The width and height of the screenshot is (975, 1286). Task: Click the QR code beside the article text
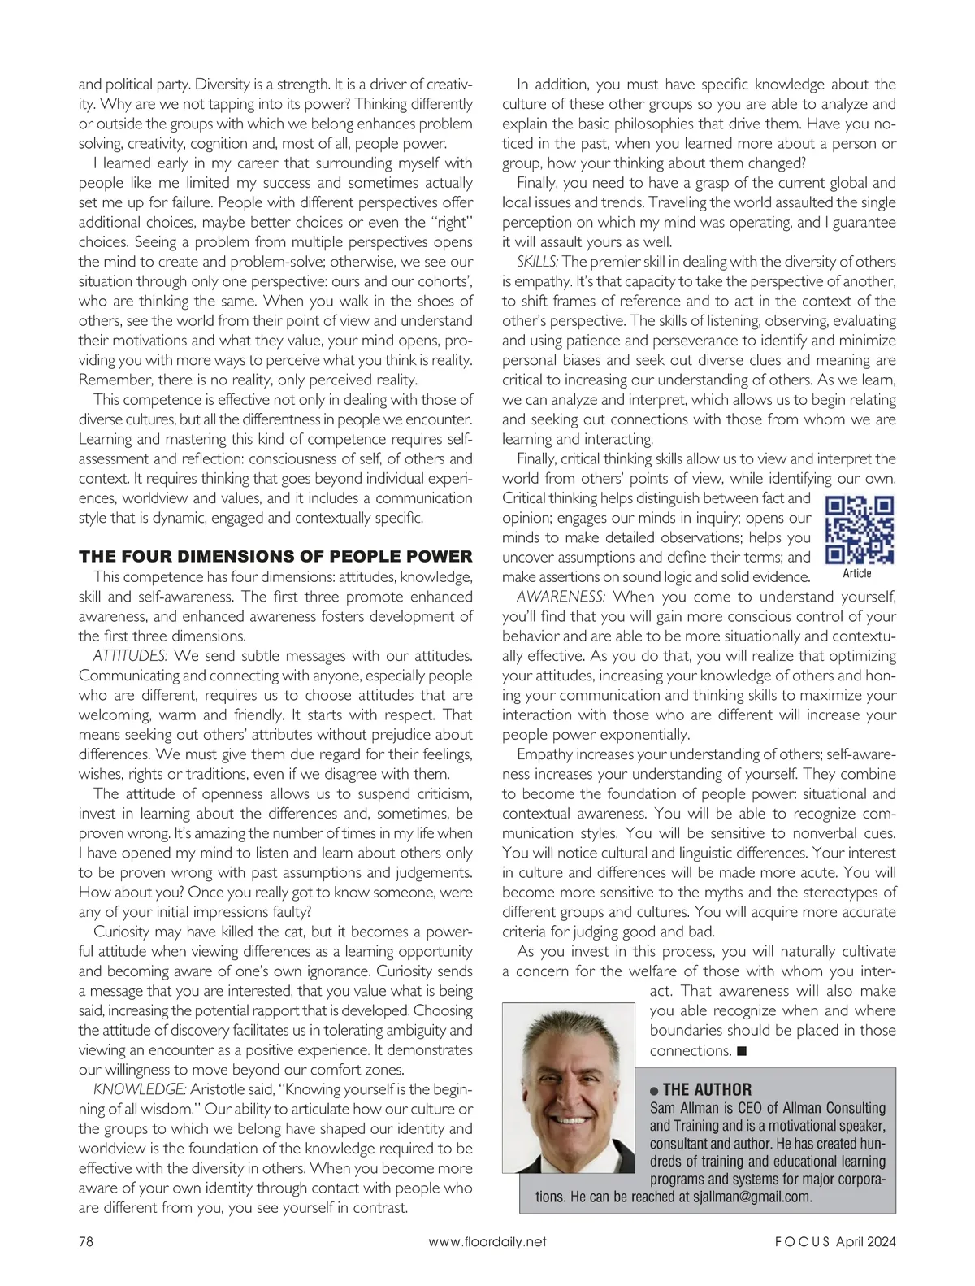point(860,531)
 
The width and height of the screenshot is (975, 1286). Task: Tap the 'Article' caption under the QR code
point(857,574)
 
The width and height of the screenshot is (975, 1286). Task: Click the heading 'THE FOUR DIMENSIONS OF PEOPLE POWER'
point(275,557)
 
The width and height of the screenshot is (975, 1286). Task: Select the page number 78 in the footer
point(86,1241)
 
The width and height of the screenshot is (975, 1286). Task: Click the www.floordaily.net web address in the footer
point(487,1241)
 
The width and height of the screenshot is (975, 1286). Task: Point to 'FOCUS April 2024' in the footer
point(834,1241)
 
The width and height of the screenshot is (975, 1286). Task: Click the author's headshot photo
point(569,1088)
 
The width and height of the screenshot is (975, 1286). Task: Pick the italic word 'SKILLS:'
point(537,262)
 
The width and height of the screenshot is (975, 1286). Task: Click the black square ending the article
point(742,1051)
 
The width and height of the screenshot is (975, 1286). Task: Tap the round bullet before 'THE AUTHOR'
point(655,1091)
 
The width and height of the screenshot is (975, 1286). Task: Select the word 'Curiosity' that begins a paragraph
point(121,932)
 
